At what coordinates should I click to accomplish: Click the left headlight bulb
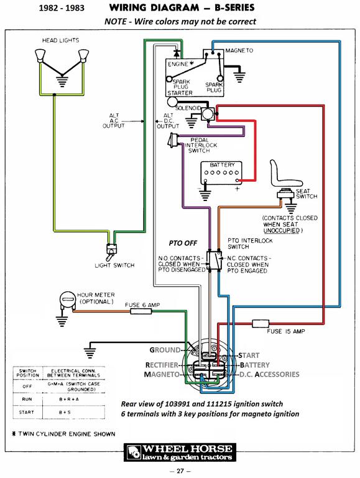[40, 56]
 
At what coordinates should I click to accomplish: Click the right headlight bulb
[83, 56]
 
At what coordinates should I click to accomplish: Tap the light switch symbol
[111, 250]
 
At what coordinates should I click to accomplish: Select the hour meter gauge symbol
[67, 300]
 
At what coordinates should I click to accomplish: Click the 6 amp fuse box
[141, 311]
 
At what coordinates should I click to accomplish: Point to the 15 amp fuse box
[261, 324]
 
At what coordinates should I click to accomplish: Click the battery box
[221, 173]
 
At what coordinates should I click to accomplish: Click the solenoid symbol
[208, 114]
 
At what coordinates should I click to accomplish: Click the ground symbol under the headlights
[62, 82]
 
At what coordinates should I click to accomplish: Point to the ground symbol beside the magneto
[239, 76]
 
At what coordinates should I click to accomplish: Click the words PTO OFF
[183, 243]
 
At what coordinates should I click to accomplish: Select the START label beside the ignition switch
[249, 355]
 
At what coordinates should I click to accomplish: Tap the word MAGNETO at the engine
[239, 50]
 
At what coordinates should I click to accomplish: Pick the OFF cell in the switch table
[27, 387]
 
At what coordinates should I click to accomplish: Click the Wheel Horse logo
[180, 452]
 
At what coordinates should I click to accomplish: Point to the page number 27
[180, 471]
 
